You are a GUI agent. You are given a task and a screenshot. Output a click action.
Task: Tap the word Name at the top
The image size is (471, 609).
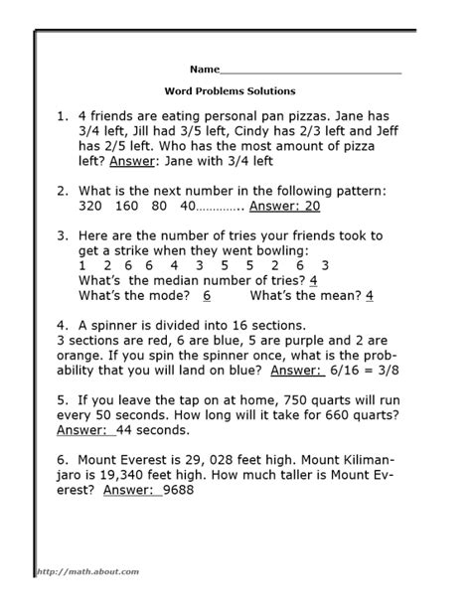coord(203,71)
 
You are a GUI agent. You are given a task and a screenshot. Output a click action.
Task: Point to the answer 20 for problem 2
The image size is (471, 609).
coord(282,207)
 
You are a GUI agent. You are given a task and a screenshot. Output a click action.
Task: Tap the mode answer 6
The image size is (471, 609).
coord(207,295)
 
